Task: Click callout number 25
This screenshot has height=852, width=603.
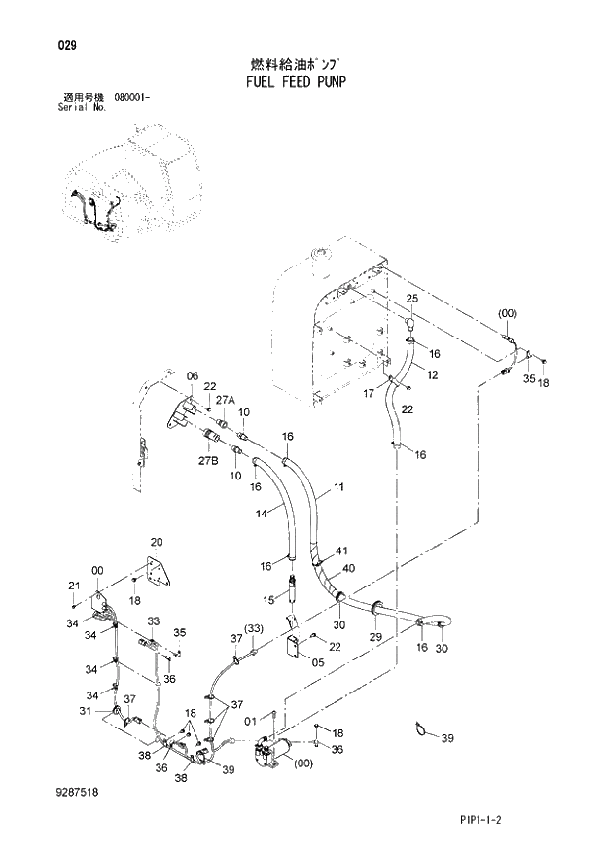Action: [410, 298]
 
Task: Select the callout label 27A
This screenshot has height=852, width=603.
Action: [226, 400]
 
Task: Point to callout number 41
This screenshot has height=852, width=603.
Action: [339, 551]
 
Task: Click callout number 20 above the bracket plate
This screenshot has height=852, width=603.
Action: [155, 542]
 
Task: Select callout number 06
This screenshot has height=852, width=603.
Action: [192, 376]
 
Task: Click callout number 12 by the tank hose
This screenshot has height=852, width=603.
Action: [432, 374]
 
